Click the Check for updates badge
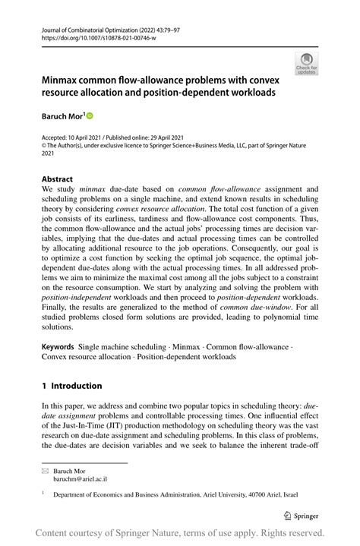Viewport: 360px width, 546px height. [307, 64]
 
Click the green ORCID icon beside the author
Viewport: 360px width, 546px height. [89, 115]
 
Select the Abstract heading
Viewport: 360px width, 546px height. [58, 180]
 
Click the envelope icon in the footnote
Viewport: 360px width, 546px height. [45, 471]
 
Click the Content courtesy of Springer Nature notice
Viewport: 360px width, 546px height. [180, 532]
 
